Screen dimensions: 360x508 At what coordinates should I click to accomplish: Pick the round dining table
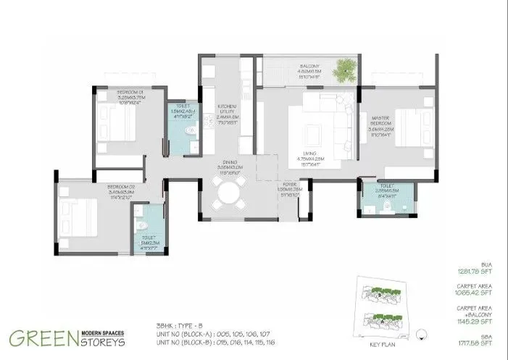(x=229, y=193)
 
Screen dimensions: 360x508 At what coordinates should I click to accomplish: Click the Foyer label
(x=291, y=189)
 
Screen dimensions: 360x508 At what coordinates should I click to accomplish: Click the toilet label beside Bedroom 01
(x=180, y=112)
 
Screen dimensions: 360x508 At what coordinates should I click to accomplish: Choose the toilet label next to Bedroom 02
(x=149, y=239)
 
